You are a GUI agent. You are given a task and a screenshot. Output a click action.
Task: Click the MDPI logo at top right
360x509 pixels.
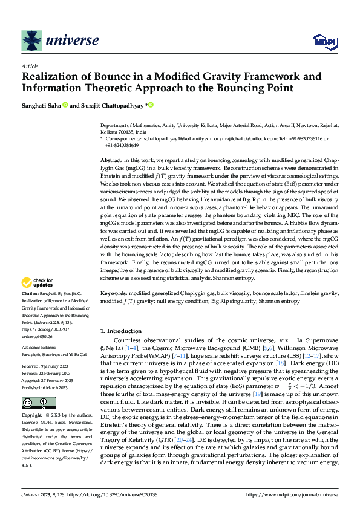(324, 41)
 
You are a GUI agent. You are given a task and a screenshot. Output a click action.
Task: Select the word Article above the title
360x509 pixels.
(29, 66)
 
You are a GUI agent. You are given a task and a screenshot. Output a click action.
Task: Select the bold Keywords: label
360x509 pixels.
(114, 293)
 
